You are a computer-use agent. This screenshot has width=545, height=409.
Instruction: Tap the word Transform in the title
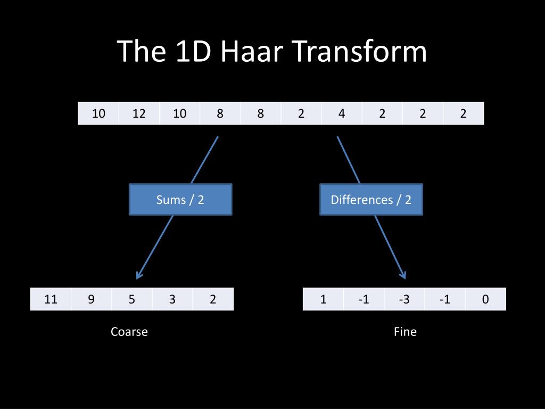(x=359, y=52)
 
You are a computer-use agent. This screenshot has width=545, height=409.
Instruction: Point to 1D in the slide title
(x=190, y=52)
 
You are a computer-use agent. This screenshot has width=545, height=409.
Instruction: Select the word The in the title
(x=140, y=52)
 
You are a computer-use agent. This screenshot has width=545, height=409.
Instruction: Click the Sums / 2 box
(x=180, y=200)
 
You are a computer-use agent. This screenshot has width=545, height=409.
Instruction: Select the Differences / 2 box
(x=371, y=200)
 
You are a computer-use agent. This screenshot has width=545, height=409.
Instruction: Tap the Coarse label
(x=129, y=332)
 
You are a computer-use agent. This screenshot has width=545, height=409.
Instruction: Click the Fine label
(x=405, y=332)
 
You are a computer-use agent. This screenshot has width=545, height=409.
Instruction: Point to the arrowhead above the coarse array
(x=138, y=275)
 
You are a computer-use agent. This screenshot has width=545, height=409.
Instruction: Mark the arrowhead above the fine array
(x=403, y=275)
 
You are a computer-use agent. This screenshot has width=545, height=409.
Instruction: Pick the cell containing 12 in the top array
(x=139, y=113)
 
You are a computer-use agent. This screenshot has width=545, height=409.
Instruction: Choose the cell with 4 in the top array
(x=342, y=113)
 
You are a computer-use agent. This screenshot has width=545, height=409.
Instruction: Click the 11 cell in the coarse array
(x=51, y=299)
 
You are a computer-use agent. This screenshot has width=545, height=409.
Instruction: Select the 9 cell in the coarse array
(x=92, y=299)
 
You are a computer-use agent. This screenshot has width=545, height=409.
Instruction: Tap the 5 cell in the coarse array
(x=132, y=299)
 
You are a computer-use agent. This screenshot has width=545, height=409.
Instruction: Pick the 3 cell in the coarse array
(x=172, y=299)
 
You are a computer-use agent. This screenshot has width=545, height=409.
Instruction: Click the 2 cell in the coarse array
(x=213, y=299)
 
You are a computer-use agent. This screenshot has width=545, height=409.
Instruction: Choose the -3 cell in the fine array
(x=404, y=299)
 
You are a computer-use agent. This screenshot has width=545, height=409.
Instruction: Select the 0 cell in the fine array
(x=485, y=299)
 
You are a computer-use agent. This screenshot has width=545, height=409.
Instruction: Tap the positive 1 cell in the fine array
(x=323, y=299)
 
